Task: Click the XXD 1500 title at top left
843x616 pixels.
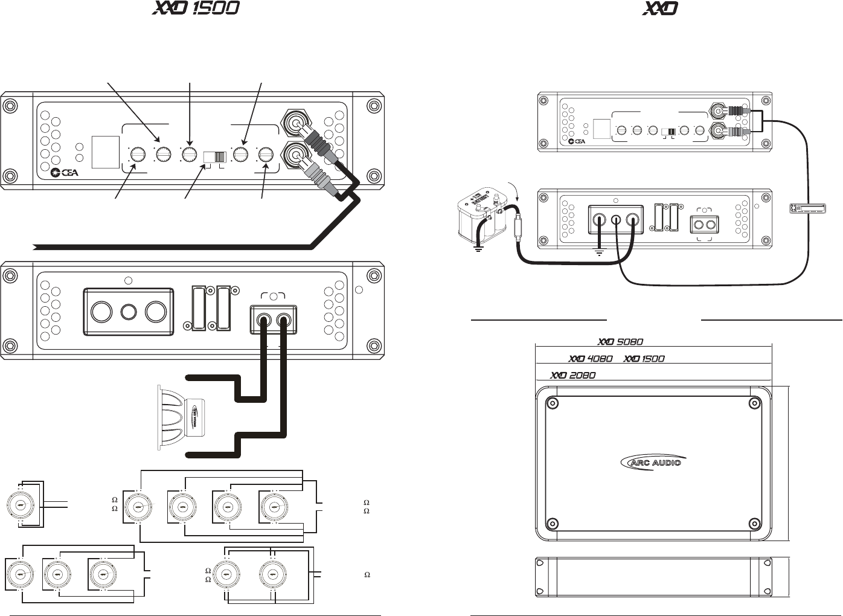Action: click(x=194, y=8)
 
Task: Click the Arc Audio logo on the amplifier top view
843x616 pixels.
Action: click(x=653, y=462)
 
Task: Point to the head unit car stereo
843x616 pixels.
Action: click(x=807, y=208)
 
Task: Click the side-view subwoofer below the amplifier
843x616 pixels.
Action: click(x=181, y=417)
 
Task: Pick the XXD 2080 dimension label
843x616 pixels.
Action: click(x=572, y=375)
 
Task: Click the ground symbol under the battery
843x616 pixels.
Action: click(x=478, y=248)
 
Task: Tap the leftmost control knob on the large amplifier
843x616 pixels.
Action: click(x=138, y=156)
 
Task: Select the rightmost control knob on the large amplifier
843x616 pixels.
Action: click(x=265, y=156)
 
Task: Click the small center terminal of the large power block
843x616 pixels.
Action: click(x=128, y=312)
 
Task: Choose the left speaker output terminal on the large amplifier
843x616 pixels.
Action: click(x=264, y=321)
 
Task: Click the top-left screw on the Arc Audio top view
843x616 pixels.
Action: click(x=551, y=403)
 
